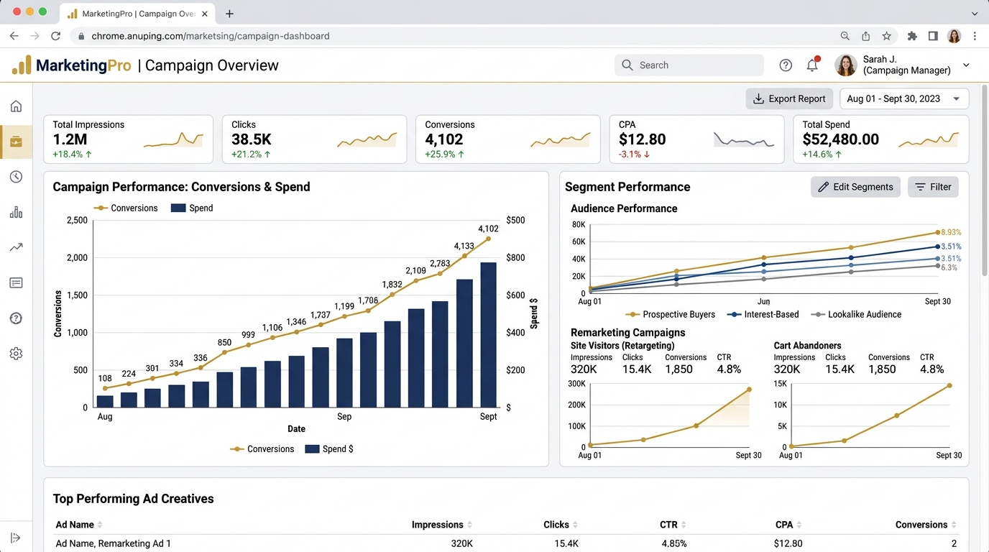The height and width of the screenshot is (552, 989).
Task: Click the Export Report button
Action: [x=789, y=98]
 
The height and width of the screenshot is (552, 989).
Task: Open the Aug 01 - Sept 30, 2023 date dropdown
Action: [x=903, y=98]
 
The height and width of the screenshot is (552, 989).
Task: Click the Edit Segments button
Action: [x=855, y=187]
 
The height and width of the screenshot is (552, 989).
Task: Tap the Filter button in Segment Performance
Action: [x=933, y=187]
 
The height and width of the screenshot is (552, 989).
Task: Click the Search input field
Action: [x=689, y=65]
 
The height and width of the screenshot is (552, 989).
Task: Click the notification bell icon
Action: [x=812, y=65]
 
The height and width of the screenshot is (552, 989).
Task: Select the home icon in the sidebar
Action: [x=16, y=106]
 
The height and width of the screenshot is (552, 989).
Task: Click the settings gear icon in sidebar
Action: [x=16, y=354]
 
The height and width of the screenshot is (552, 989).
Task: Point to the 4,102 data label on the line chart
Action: [x=488, y=229]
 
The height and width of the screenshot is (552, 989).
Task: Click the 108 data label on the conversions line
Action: [x=105, y=379]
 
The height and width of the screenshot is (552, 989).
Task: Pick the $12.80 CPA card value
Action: [x=642, y=139]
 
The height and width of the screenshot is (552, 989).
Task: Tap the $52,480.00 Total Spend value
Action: [x=841, y=139]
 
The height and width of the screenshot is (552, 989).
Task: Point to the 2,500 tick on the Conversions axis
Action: [x=78, y=220]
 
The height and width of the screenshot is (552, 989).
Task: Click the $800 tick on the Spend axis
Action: [x=515, y=257]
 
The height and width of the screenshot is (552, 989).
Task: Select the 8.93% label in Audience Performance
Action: [x=951, y=232]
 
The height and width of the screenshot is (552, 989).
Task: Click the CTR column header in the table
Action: [x=668, y=525]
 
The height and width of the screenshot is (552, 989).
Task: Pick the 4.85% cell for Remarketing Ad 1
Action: [x=673, y=543]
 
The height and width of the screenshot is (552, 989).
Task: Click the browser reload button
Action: [x=55, y=36]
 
